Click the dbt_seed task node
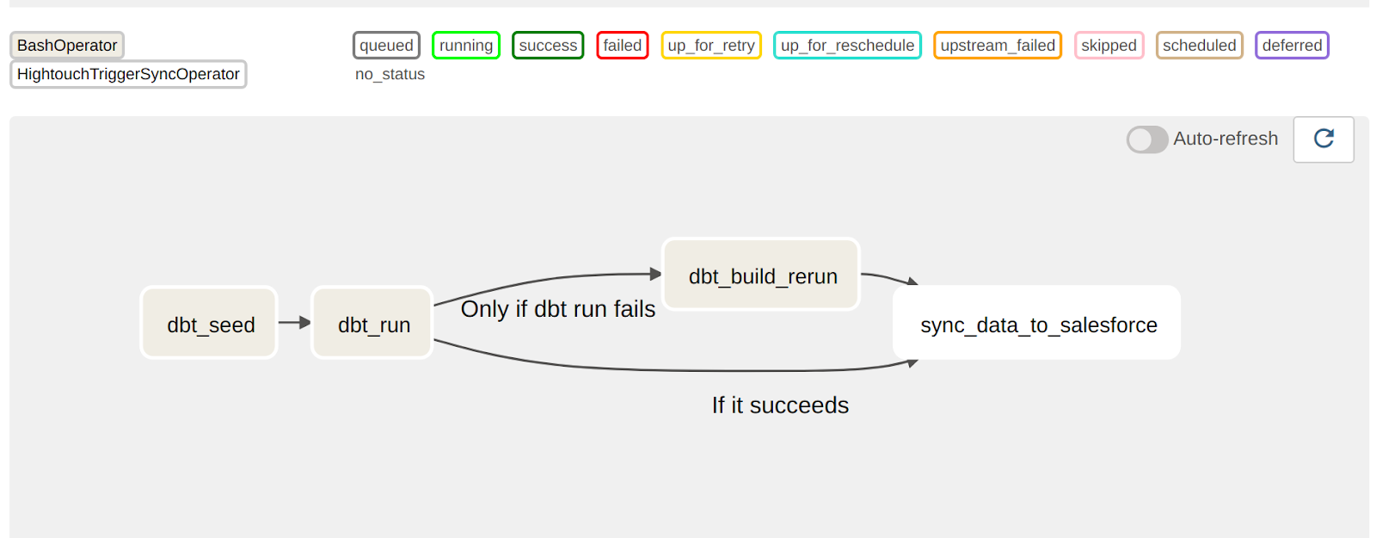point(209,323)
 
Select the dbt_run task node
point(372,323)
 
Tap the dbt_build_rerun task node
point(761,275)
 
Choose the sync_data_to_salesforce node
point(1036,323)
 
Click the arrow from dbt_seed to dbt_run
point(294,323)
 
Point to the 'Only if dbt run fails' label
point(557,309)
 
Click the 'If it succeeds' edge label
point(780,405)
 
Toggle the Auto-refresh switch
point(1147,139)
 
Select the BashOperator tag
point(67,46)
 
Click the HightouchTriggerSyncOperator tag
point(128,74)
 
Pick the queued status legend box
point(386,46)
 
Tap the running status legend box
point(466,46)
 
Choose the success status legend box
point(548,46)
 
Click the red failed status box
point(623,46)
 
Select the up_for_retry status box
point(711,46)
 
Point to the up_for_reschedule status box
point(847,46)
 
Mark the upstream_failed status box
point(998,46)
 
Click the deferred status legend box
point(1292,46)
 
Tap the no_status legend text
point(390,74)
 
